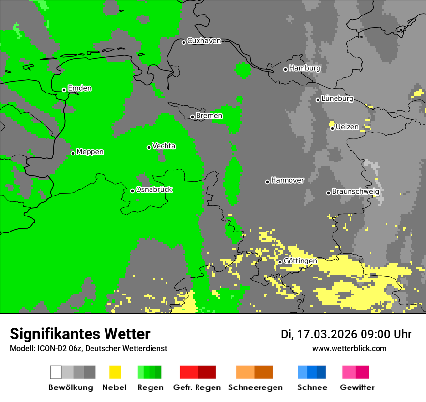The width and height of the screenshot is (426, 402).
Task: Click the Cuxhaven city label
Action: pyautogui.click(x=204, y=41)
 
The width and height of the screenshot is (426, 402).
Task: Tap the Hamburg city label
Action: pyautogui.click(x=304, y=68)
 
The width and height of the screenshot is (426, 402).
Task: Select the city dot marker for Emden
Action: pyautogui.click(x=64, y=90)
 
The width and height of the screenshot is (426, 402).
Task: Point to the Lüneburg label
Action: pyautogui.click(x=337, y=99)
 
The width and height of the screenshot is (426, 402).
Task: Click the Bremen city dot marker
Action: pyautogui.click(x=192, y=117)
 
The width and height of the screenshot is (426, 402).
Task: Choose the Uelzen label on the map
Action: pyautogui.click(x=347, y=127)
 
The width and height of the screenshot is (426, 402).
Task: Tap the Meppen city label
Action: pyautogui.click(x=90, y=152)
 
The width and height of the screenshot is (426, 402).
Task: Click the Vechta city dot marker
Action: pyautogui.click(x=149, y=147)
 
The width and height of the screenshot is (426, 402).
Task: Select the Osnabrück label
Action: pyautogui.click(x=154, y=190)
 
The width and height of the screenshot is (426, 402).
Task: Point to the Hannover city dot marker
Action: pyautogui.click(x=267, y=182)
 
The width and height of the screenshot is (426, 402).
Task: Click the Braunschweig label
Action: pyautogui.click(x=355, y=192)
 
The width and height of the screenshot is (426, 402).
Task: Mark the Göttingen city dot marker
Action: pyautogui.click(x=280, y=262)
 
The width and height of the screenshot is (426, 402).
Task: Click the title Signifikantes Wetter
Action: pyautogui.click(x=80, y=334)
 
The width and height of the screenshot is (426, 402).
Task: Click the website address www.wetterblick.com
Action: pyautogui.click(x=349, y=348)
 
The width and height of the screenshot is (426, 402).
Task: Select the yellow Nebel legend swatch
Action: pyautogui.click(x=115, y=372)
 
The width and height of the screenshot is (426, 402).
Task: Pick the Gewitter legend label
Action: pyautogui.click(x=357, y=387)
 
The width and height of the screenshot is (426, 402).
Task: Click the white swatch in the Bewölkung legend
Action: pyautogui.click(x=56, y=372)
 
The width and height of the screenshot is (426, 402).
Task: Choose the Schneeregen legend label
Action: pyautogui.click(x=255, y=387)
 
